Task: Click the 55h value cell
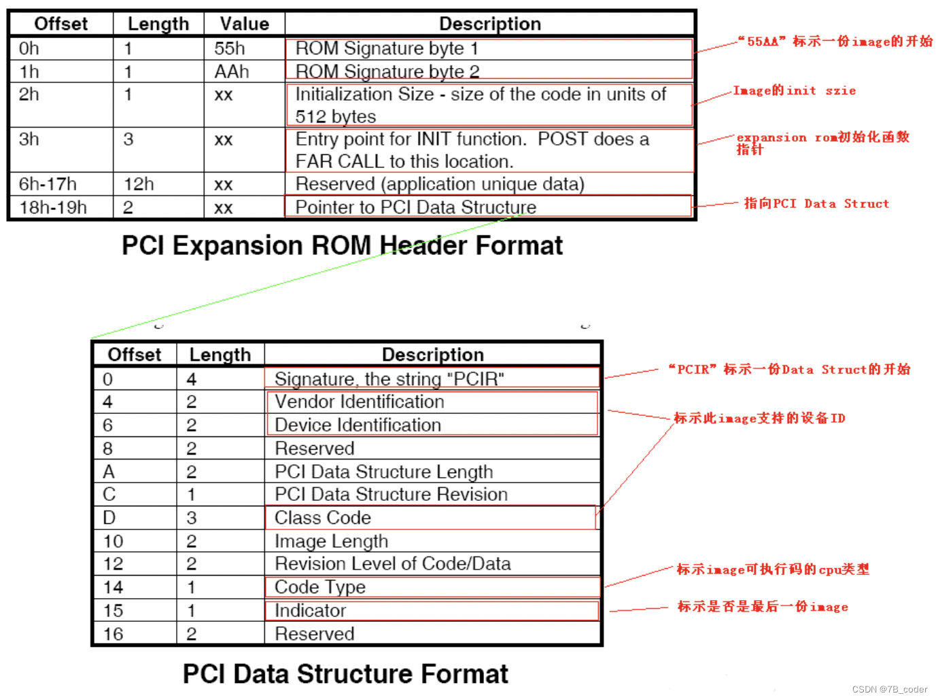[230, 48]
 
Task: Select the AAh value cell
[232, 71]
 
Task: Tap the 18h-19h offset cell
[53, 207]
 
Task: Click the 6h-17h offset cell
[48, 184]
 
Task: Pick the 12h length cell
[139, 184]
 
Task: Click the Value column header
[244, 24]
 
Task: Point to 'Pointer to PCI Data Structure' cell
[415, 207]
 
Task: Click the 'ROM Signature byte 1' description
[387, 48]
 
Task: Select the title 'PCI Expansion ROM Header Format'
[342, 245]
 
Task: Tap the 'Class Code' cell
[323, 518]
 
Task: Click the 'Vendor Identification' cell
[360, 402]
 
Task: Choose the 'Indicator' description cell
[310, 610]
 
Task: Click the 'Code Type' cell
[320, 587]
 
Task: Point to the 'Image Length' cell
[331, 541]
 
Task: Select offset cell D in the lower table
[109, 518]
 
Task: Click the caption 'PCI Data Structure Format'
[345, 673]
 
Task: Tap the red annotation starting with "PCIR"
[788, 369]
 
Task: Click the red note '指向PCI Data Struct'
[816, 203]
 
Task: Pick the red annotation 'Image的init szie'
[794, 90]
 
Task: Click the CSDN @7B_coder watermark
[889, 689]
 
